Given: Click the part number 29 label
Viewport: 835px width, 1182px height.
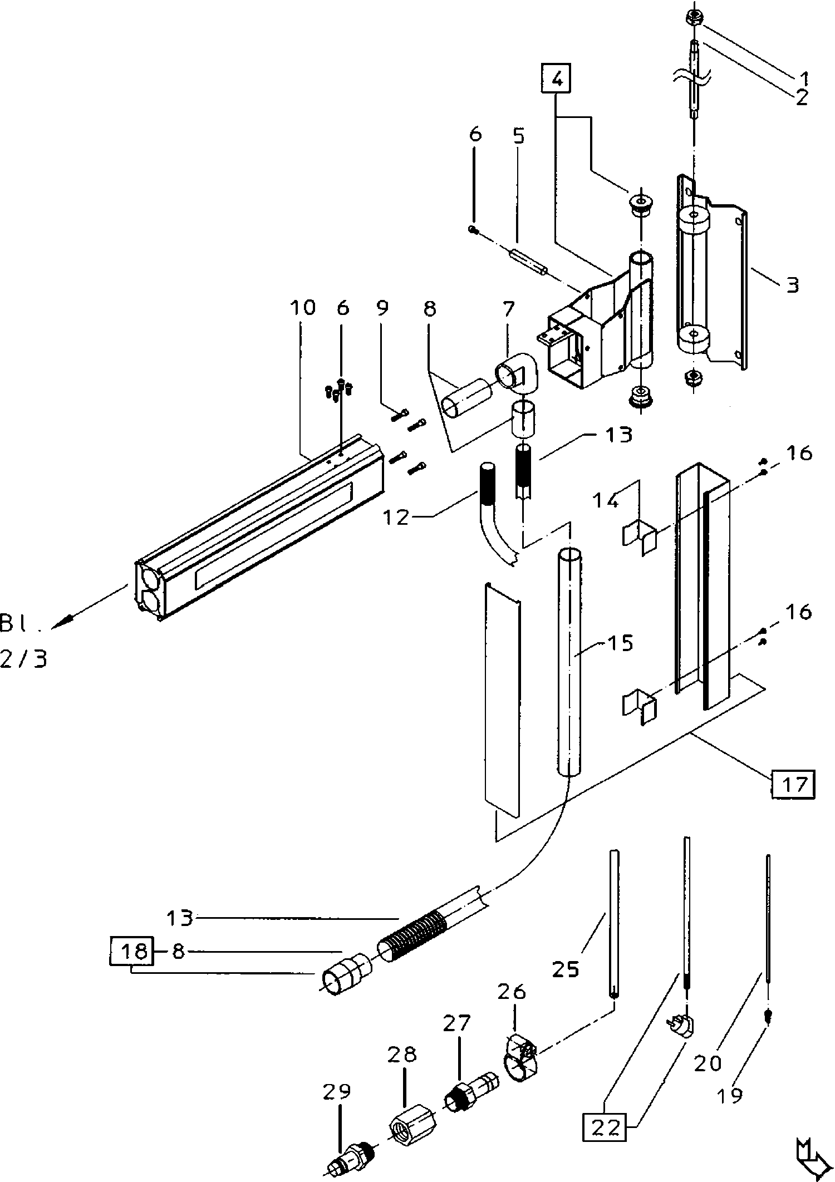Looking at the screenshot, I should pos(337,1092).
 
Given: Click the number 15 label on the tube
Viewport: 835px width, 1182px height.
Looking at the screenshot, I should pos(621,643).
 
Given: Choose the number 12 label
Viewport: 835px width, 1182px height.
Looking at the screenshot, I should pos(395,516).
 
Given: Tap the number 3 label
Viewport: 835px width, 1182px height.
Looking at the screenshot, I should pos(792,285).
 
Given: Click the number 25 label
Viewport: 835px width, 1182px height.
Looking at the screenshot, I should pos(566,968).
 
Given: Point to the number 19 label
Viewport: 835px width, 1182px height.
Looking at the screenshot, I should pos(730,1096).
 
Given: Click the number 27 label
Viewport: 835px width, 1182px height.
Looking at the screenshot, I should pos(457,1023).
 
